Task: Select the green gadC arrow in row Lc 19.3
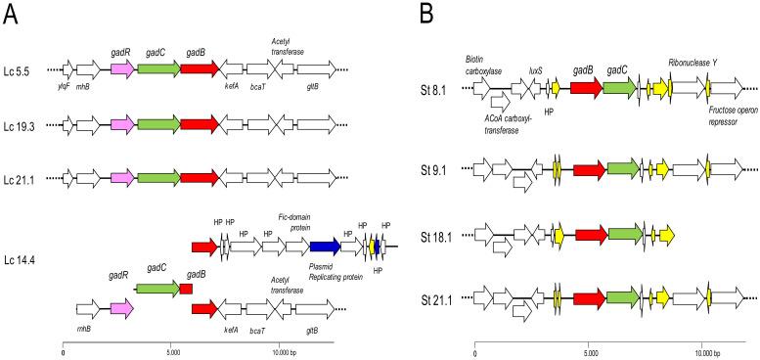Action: coord(158,124)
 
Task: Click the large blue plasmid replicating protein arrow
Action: coord(325,245)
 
